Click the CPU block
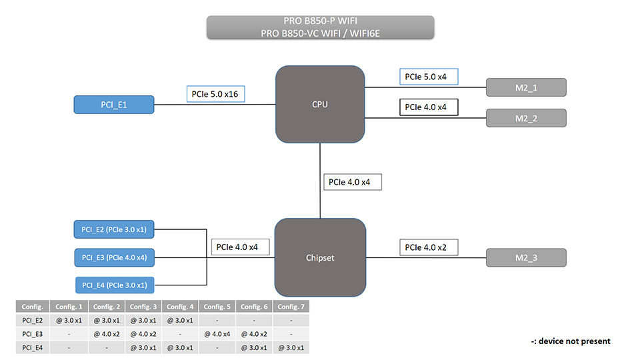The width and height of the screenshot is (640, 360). [x=320, y=104]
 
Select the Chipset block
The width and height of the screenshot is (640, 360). [x=320, y=257]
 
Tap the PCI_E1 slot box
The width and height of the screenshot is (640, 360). [x=114, y=105]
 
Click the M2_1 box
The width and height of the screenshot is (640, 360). [x=526, y=87]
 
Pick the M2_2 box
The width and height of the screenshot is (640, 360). [x=526, y=118]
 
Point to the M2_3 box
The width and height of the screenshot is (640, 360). [x=526, y=258]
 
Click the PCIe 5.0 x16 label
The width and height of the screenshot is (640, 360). [x=215, y=94]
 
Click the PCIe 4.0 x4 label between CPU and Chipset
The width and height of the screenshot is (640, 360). [x=353, y=181]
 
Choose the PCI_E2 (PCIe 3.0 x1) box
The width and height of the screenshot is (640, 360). [x=114, y=230]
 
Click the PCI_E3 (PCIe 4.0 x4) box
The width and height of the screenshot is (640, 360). [x=114, y=257]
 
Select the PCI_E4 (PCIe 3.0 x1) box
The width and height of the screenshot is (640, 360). [x=115, y=285]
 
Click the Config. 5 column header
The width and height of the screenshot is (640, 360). [x=217, y=307]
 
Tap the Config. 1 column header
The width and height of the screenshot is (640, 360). [x=69, y=307]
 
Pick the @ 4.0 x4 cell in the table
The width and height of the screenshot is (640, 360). [x=217, y=334]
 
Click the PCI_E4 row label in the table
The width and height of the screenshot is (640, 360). [x=33, y=347]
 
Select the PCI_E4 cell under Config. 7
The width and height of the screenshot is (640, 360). [x=291, y=347]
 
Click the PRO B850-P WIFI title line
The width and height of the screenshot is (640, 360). [x=320, y=21]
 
